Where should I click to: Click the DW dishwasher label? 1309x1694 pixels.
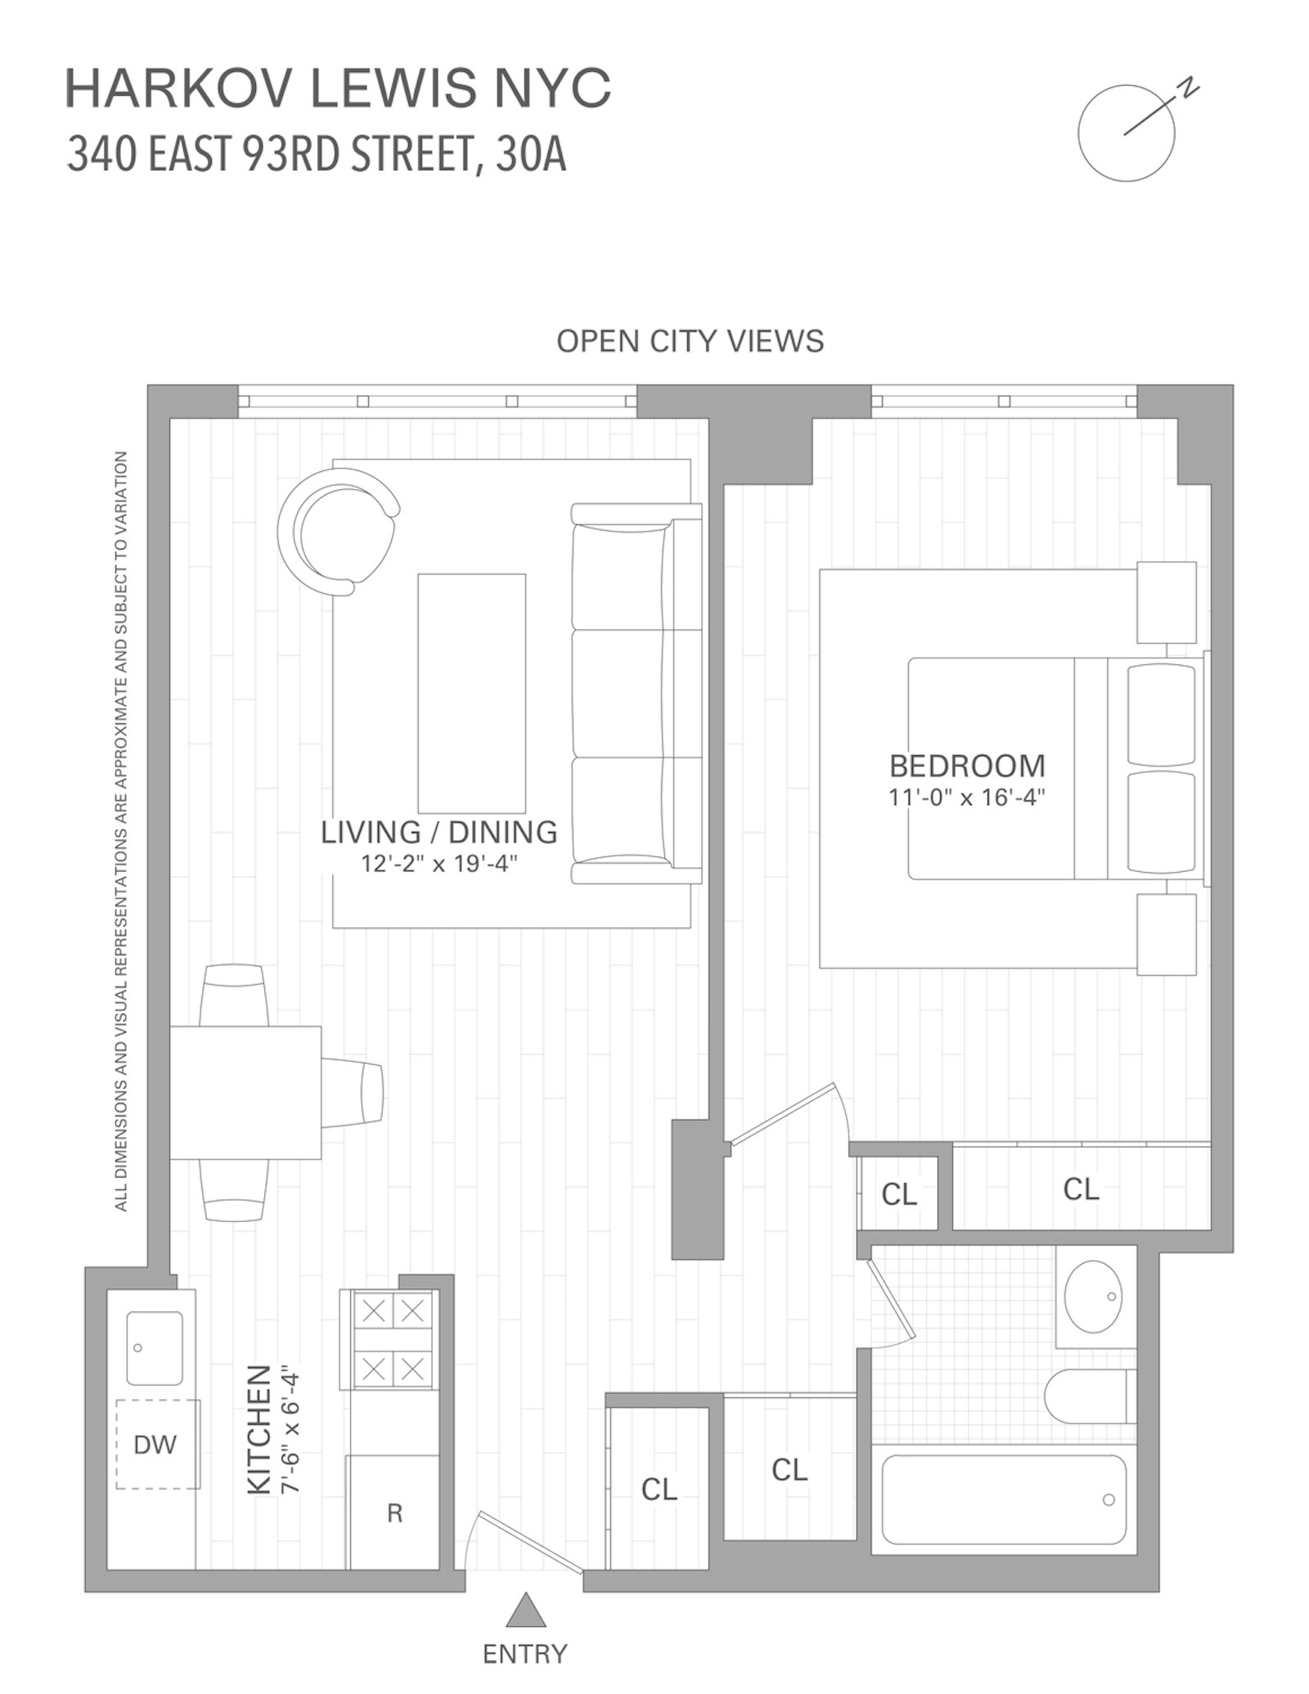(x=155, y=1445)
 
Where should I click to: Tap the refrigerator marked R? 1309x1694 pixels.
(x=394, y=1513)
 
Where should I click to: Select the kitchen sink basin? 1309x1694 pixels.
(x=155, y=1348)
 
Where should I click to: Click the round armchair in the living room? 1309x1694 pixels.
(x=337, y=530)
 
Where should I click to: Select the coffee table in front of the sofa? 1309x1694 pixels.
(x=471, y=693)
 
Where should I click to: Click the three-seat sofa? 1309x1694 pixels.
(x=636, y=694)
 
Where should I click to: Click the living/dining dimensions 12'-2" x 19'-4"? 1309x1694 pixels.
(x=439, y=863)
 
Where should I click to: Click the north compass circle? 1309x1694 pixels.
(x=1126, y=133)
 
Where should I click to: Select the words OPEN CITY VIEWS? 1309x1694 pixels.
(x=690, y=341)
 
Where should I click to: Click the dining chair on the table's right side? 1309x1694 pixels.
(x=353, y=1093)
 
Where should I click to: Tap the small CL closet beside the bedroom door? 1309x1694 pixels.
(x=899, y=1194)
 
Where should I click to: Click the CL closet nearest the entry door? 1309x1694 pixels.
(x=659, y=1489)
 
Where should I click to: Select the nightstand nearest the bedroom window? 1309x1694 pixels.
(x=1166, y=602)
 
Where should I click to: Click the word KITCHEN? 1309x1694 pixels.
(x=259, y=1429)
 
